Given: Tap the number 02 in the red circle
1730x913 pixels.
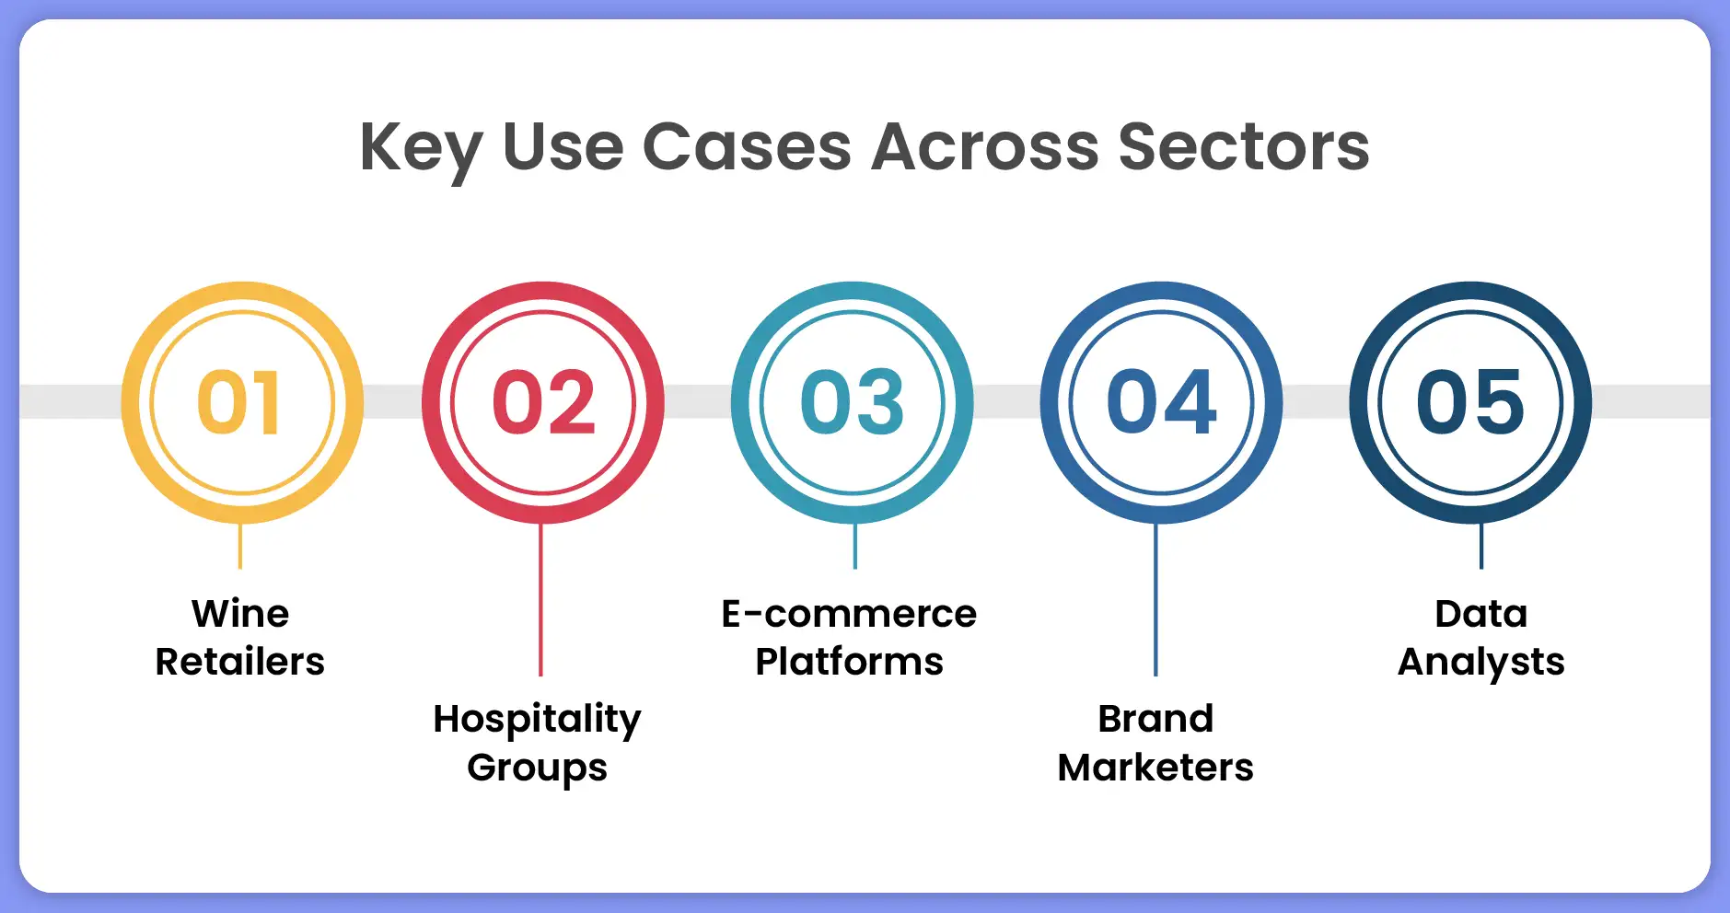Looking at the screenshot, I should [543, 402].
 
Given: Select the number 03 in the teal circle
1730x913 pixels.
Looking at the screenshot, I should [853, 402].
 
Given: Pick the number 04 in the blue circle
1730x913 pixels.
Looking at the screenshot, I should [1161, 402].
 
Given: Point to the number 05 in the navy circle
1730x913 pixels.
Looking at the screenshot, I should [1470, 402].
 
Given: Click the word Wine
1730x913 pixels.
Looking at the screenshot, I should [240, 614].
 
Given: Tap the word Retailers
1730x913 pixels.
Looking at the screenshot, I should [239, 662].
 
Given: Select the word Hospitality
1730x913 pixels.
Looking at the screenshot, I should [537, 720].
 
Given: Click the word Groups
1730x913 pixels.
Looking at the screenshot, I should [537, 769].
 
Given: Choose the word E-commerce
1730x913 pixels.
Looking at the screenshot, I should [849, 614].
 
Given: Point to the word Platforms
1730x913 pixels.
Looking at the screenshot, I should [849, 662].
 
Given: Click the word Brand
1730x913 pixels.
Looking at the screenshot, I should [1155, 719].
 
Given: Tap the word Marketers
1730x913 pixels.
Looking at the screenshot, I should [1155, 768].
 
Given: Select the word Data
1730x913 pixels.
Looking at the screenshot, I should [1480, 614].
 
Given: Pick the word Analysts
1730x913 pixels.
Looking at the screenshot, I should [1480, 663].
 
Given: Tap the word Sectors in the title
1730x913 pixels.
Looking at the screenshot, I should [1244, 147].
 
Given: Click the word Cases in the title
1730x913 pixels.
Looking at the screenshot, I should [747, 147].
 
